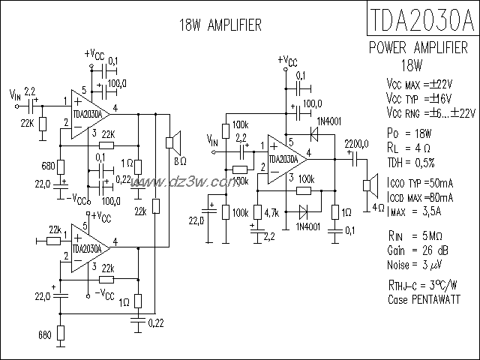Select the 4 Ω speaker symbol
pos(369,185)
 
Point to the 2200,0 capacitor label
pos(355,143)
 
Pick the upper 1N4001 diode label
pos(329,121)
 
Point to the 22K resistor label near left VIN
pos(27,122)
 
